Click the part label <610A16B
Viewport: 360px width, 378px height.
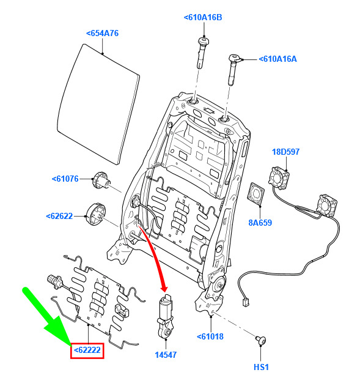click(x=203, y=18)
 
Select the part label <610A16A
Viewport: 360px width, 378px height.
click(x=278, y=59)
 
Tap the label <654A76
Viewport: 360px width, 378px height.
click(x=103, y=33)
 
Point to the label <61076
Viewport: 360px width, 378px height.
click(x=65, y=179)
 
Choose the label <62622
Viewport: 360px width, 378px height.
click(x=59, y=216)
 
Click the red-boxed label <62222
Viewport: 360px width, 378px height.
click(x=87, y=350)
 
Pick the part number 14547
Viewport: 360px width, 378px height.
click(x=166, y=355)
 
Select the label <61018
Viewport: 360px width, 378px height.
click(x=210, y=336)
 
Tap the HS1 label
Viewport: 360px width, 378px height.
click(x=261, y=367)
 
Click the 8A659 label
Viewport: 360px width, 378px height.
click(x=260, y=223)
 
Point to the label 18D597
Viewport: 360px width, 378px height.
click(x=286, y=152)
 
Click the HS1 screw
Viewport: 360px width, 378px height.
click(x=261, y=340)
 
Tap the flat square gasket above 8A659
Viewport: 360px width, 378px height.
click(x=255, y=195)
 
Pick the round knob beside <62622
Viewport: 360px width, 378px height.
click(x=96, y=214)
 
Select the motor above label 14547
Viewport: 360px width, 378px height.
click(x=165, y=316)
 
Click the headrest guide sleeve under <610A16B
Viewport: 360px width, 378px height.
click(x=203, y=53)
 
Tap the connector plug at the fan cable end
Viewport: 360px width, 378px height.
click(x=246, y=303)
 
